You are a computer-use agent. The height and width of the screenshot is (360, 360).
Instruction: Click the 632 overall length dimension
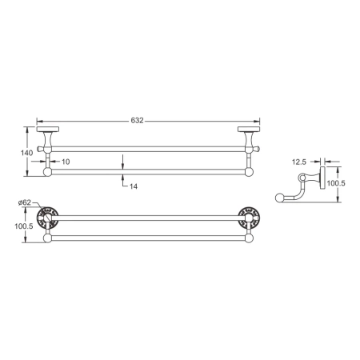(x=138, y=120)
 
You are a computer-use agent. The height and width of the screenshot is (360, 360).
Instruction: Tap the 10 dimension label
(x=66, y=162)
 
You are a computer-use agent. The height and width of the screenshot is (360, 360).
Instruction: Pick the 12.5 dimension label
(x=299, y=162)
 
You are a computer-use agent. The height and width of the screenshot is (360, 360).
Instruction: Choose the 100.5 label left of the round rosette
(x=25, y=226)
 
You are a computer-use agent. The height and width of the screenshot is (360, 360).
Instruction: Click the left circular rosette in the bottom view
(x=50, y=217)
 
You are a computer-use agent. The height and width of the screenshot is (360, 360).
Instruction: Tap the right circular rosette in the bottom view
(x=250, y=217)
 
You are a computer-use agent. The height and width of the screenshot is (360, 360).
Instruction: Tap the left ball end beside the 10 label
(x=47, y=170)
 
